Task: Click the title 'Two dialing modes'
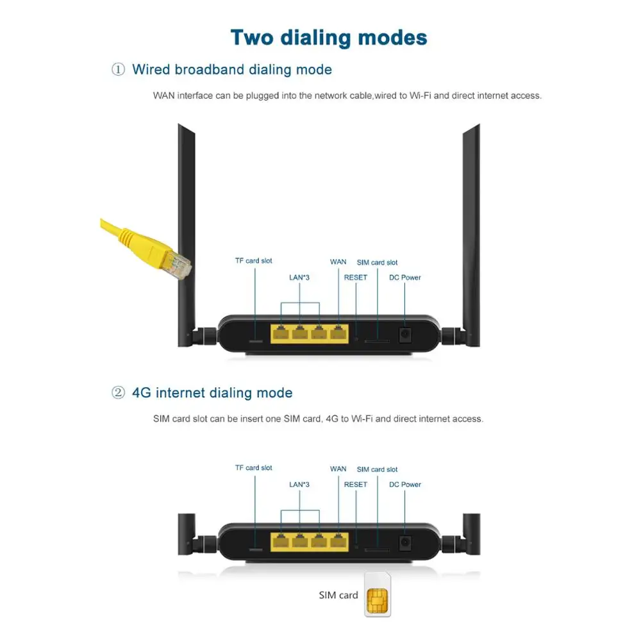tap(328, 37)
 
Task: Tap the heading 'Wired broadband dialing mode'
tap(232, 70)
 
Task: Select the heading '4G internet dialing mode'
tap(212, 393)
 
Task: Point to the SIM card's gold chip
tap(377, 600)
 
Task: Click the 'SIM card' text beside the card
tap(338, 595)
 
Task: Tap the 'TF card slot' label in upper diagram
tap(253, 261)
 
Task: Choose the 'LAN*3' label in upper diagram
tap(299, 278)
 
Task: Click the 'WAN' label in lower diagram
tap(338, 469)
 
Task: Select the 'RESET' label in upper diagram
tap(356, 278)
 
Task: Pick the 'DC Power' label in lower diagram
tap(405, 485)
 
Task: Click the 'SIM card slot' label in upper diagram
tap(377, 262)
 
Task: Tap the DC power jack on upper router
tap(405, 335)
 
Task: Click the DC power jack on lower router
tap(405, 542)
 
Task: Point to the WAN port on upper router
tap(338, 333)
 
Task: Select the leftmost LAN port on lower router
tap(280, 541)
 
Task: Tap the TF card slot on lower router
tap(254, 550)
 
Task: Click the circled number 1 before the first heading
tap(118, 70)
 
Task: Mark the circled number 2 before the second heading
tap(118, 393)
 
